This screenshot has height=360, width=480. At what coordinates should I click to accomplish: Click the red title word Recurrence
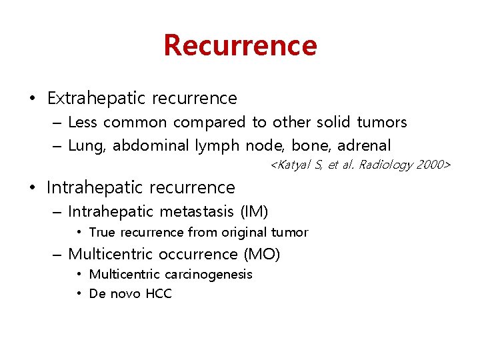(240, 45)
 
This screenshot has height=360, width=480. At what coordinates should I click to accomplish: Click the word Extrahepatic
(96, 98)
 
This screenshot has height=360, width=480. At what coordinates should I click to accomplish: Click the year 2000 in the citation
(432, 164)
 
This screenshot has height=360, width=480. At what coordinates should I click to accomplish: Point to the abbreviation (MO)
(261, 254)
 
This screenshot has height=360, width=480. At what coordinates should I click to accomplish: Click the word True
(102, 233)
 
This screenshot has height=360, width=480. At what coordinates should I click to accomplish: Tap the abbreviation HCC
(157, 294)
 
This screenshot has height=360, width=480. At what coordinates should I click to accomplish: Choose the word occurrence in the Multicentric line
(199, 254)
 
